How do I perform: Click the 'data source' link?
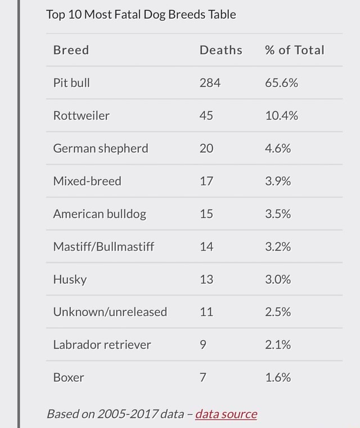click(226, 414)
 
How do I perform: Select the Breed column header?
click(71, 50)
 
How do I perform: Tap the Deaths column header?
click(220, 50)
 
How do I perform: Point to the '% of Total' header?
click(294, 50)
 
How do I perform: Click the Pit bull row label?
click(71, 83)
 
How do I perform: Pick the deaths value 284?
click(210, 83)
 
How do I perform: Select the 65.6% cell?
click(281, 83)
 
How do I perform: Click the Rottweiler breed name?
click(81, 116)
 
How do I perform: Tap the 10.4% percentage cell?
click(281, 116)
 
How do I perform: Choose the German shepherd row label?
click(101, 149)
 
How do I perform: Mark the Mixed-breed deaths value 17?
click(206, 181)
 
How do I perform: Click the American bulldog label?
click(100, 214)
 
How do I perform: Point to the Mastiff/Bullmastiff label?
click(103, 247)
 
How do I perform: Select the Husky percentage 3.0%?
click(278, 279)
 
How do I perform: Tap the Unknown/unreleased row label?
click(110, 312)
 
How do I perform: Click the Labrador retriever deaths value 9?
click(203, 345)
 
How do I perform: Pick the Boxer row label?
click(69, 377)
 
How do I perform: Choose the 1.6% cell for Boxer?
click(278, 377)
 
